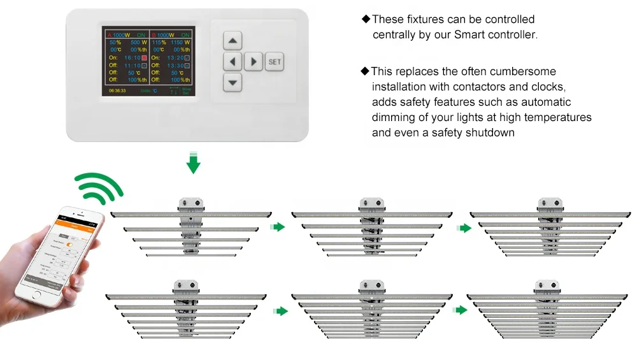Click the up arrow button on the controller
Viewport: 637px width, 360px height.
pyautogui.click(x=233, y=41)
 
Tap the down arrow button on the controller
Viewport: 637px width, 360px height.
pyautogui.click(x=233, y=82)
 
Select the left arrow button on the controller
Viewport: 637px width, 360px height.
pyautogui.click(x=233, y=62)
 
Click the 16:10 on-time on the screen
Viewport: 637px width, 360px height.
pyautogui.click(x=132, y=57)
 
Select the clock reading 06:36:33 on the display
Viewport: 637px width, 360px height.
pyautogui.click(x=117, y=91)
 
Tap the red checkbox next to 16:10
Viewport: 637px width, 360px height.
pyautogui.click(x=145, y=57)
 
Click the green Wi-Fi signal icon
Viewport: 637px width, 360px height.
pyautogui.click(x=99, y=186)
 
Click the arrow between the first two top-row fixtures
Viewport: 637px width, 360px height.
pyautogui.click(x=278, y=227)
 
